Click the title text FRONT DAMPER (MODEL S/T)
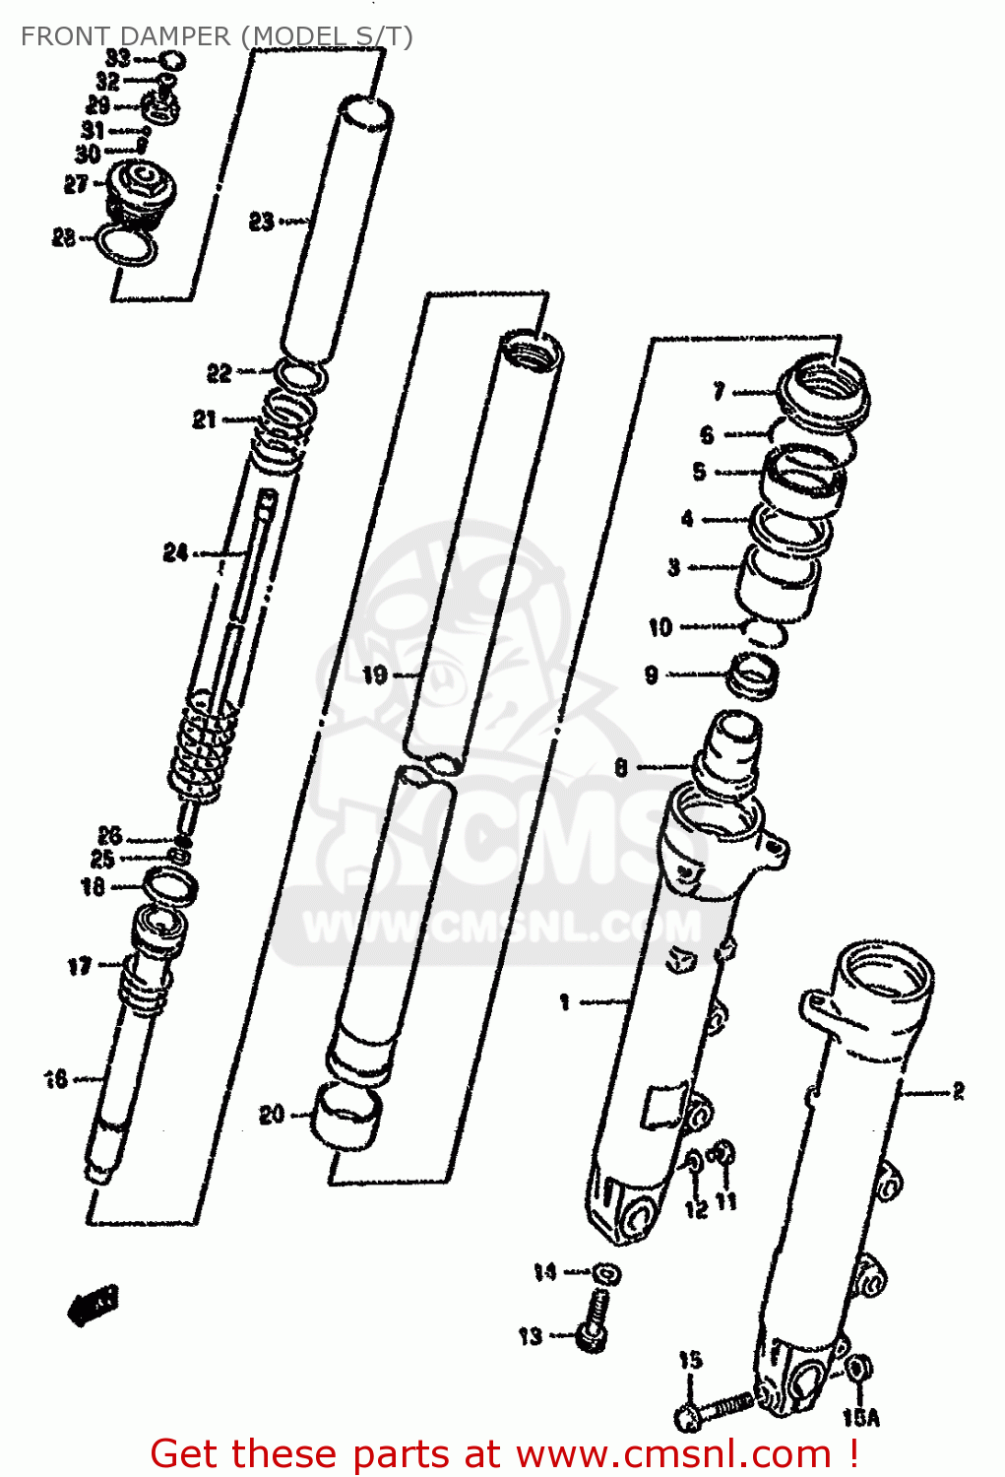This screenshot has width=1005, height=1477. (x=217, y=36)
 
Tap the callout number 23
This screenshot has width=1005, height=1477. (x=261, y=222)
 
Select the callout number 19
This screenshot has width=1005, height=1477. (x=375, y=675)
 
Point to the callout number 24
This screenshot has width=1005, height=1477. (x=175, y=553)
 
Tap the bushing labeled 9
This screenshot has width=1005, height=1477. (x=753, y=677)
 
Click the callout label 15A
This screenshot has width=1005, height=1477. (x=860, y=1418)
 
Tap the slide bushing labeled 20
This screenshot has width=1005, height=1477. (x=345, y=1117)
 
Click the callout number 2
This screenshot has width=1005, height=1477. (x=958, y=1091)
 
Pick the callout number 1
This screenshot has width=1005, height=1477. (x=564, y=1002)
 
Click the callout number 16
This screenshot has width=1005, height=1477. (x=56, y=1079)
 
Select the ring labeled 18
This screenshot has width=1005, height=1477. (x=170, y=886)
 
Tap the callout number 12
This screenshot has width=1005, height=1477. (x=696, y=1208)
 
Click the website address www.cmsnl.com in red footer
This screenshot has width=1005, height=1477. (x=673, y=1453)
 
